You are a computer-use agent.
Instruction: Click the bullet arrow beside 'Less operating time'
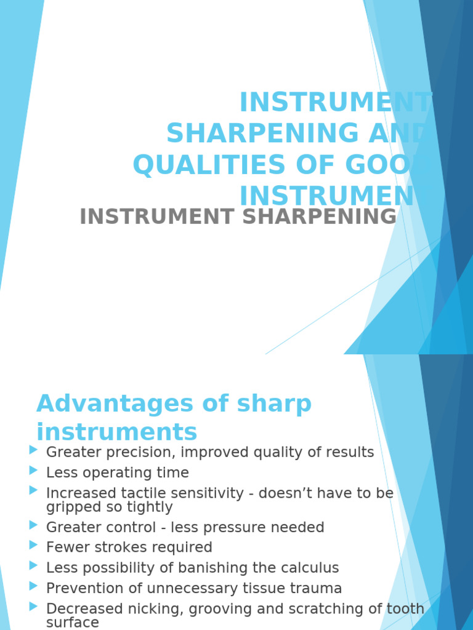(x=33, y=471)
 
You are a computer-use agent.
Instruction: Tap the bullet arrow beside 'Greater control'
(x=33, y=526)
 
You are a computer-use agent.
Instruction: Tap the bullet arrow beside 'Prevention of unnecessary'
(x=33, y=587)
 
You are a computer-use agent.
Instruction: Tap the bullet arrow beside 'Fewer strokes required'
(x=33, y=546)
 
